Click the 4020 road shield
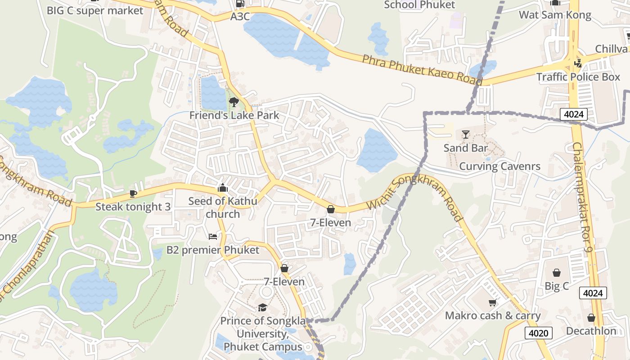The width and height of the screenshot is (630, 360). [x=538, y=333]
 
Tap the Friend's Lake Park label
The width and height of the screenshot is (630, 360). [x=234, y=115]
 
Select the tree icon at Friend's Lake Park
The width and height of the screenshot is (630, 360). [x=234, y=102]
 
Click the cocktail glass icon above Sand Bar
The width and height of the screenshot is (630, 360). [x=465, y=135]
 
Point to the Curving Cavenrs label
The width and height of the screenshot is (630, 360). [x=499, y=166]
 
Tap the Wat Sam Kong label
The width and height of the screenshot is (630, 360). [x=555, y=15]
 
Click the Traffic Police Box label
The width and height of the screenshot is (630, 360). [x=578, y=77]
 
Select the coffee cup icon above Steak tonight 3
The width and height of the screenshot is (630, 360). [x=133, y=193]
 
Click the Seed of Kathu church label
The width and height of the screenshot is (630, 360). [x=223, y=207]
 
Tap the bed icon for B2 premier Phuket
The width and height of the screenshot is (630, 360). [x=213, y=237]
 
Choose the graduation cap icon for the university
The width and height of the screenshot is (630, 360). [x=262, y=307]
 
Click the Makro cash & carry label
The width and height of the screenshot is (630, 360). [x=493, y=315]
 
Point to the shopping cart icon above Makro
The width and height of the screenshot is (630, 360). [x=492, y=302]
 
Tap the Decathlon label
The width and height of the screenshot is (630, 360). [x=591, y=331]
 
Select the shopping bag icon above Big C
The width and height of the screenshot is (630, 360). [x=557, y=273]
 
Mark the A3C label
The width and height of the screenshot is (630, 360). [x=240, y=17]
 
